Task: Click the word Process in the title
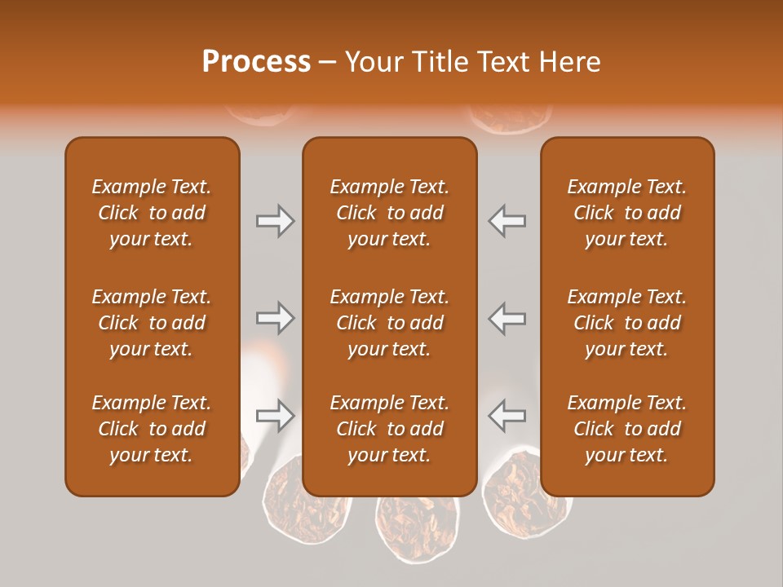tap(256, 62)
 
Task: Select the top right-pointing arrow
tap(275, 221)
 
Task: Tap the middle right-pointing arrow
tap(275, 318)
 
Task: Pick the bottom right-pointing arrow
tap(275, 416)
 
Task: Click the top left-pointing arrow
tap(507, 221)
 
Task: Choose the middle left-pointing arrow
tap(507, 318)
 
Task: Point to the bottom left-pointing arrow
tap(507, 416)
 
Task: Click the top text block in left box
tap(152, 213)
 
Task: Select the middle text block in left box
tap(152, 323)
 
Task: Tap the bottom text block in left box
tap(152, 429)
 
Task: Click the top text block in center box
tap(389, 213)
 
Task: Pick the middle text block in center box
tap(389, 323)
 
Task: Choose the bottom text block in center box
tap(389, 429)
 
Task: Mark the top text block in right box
tap(626, 213)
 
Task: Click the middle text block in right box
tap(626, 323)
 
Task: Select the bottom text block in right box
tap(626, 429)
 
